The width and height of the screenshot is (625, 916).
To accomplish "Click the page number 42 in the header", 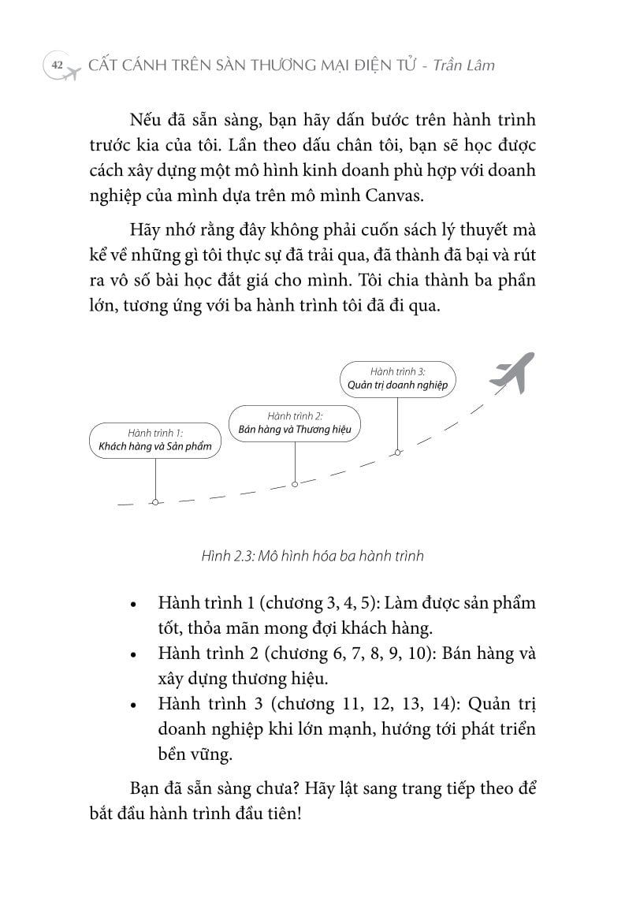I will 56,65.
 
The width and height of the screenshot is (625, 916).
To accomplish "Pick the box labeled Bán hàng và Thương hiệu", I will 294,423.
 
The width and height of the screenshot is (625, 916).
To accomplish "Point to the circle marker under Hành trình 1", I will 155,501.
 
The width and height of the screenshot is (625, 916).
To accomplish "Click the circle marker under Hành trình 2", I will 294,484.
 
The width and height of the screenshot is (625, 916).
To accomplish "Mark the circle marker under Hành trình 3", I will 398,452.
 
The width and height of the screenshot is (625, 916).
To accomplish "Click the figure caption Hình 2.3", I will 312,556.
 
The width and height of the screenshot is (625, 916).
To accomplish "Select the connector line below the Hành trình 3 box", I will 398,422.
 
